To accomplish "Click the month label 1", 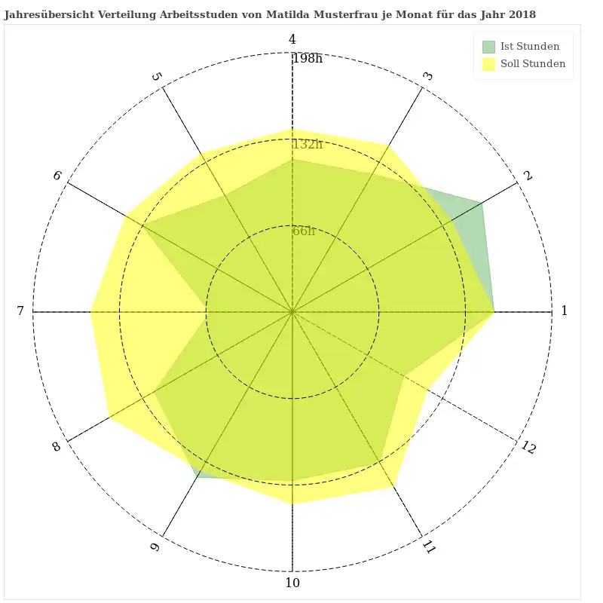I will click(x=564, y=311).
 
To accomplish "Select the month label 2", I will click(x=528, y=176).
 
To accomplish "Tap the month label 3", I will click(x=427, y=76).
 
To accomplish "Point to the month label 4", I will click(x=292, y=40).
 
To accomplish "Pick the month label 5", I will click(x=157, y=76).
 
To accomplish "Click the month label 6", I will click(x=57, y=176).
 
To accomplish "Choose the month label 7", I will click(x=21, y=311).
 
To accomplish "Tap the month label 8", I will click(x=57, y=447).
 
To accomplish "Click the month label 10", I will click(x=292, y=583).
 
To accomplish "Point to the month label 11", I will click(x=429, y=547).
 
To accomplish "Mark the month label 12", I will click(x=528, y=447).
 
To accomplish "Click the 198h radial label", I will click(x=308, y=59).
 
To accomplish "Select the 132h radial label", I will click(x=308, y=145).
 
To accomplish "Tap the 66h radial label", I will click(x=304, y=231).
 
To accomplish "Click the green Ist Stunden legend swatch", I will click(x=489, y=47).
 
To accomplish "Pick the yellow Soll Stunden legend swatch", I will click(x=489, y=64).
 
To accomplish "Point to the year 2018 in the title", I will click(x=522, y=15).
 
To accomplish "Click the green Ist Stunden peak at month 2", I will click(x=482, y=202).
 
